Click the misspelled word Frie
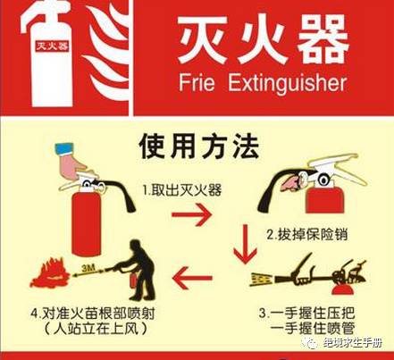tap(197, 82)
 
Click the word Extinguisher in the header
tap(288, 83)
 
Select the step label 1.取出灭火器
tap(182, 189)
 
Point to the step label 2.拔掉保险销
tap(307, 235)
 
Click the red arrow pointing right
tap(192, 214)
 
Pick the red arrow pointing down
tap(245, 244)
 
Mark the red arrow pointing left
tap(192, 278)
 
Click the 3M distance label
tap(88, 268)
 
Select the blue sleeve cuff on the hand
tap(64, 148)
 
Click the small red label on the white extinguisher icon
tap(52, 46)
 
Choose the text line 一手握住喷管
tap(313, 328)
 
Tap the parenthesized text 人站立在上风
tap(96, 329)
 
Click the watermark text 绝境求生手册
tap(353, 343)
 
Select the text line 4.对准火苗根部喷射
tap(93, 314)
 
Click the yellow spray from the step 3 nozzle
tap(262, 279)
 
